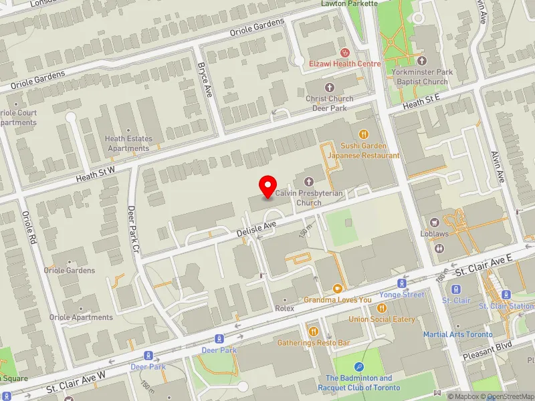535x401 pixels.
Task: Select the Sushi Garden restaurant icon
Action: click(x=364, y=134)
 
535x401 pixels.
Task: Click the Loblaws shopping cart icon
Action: click(x=435, y=222)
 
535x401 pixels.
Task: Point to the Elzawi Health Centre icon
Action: click(x=345, y=52)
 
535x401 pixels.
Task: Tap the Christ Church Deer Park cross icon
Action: click(x=329, y=88)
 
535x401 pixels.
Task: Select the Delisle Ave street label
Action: click(x=255, y=230)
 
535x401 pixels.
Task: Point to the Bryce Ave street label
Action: click(x=204, y=81)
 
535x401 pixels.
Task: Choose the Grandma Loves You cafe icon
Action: click(x=337, y=289)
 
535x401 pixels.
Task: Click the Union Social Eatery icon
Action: click(x=382, y=308)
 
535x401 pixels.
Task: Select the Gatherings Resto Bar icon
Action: click(x=314, y=331)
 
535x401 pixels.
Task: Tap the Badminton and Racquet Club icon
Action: click(x=359, y=366)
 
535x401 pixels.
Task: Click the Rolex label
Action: click(x=284, y=309)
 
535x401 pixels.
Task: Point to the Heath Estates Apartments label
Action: click(x=128, y=143)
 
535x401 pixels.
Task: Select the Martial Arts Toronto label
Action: click(x=457, y=334)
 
